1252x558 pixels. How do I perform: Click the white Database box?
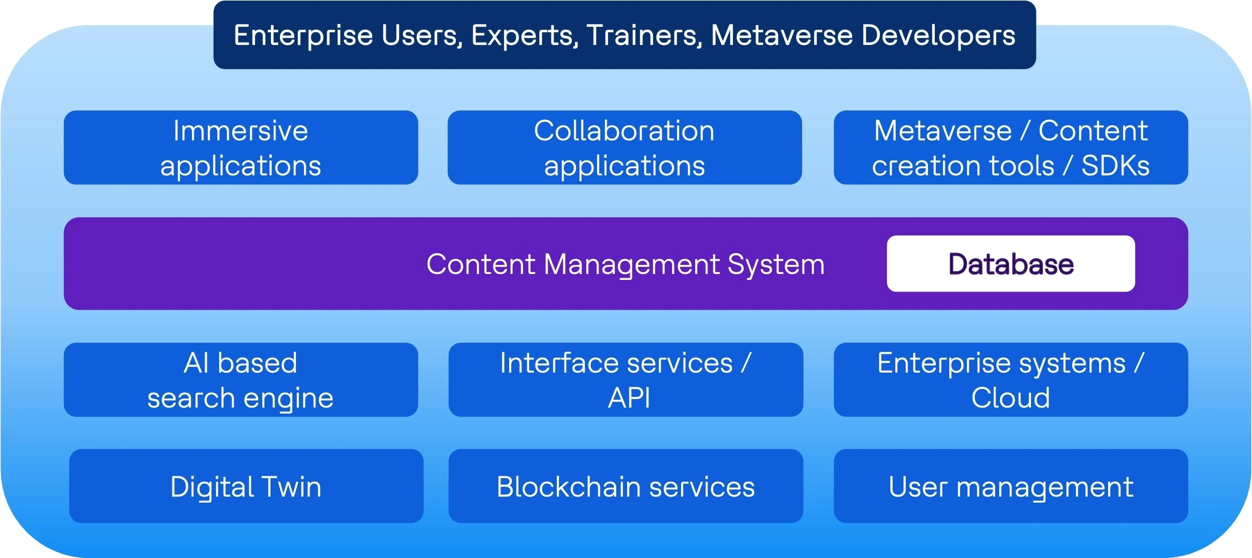(x=1011, y=264)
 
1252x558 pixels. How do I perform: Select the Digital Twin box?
(x=246, y=486)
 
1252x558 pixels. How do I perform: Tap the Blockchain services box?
(x=625, y=486)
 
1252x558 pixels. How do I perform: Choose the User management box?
(x=1011, y=486)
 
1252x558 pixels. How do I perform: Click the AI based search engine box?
(x=241, y=379)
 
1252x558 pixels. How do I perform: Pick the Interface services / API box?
(x=625, y=379)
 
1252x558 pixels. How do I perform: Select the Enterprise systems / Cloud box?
(x=1011, y=379)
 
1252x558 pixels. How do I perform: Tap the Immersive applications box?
(x=241, y=147)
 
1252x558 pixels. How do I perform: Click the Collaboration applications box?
(x=624, y=147)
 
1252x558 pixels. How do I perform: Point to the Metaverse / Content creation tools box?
(x=1011, y=147)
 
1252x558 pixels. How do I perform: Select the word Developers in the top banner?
(x=938, y=35)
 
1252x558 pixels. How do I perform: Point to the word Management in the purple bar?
(x=632, y=265)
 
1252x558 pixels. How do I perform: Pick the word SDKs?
(x=1115, y=166)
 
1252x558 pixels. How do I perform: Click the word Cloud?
(x=1011, y=398)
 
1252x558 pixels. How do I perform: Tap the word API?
(x=629, y=398)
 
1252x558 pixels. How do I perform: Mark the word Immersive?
(x=241, y=130)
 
